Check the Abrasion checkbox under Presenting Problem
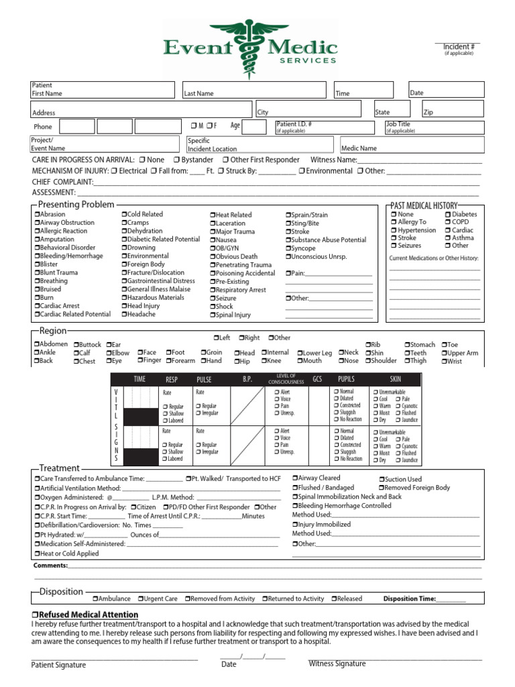click(x=37, y=215)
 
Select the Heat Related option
click(x=213, y=215)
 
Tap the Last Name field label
click(x=198, y=94)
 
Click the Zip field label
click(x=429, y=113)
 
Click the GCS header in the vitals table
click(x=317, y=380)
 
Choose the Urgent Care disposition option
click(x=141, y=598)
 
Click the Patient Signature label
click(x=58, y=665)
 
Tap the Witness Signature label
click(x=337, y=664)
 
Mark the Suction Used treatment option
click(x=382, y=480)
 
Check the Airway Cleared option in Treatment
click(x=296, y=478)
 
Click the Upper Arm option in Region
click(x=445, y=353)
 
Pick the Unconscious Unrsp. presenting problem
click(x=289, y=256)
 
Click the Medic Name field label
click(x=359, y=148)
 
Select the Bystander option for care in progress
click(x=176, y=160)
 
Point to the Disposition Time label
click(x=409, y=598)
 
